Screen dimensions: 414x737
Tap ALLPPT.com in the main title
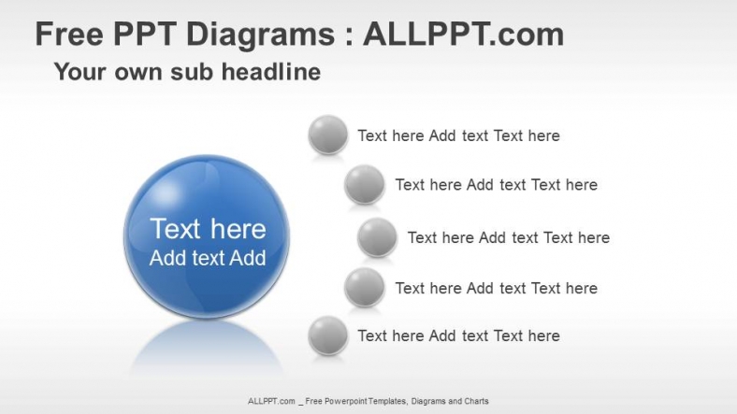coord(463,35)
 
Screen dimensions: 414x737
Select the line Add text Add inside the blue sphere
coord(208,259)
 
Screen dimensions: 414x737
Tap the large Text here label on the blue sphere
coord(208,229)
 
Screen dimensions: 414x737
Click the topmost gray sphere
coord(327,136)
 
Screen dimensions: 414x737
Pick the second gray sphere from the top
coord(364,185)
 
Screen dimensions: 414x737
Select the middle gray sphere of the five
coord(377,237)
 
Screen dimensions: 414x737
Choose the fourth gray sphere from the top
coord(364,288)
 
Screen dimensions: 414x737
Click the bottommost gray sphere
coord(327,335)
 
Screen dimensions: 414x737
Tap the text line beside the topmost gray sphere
coord(458,136)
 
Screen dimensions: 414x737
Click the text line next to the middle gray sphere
coord(508,237)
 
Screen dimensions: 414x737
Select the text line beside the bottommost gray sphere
coord(458,335)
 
